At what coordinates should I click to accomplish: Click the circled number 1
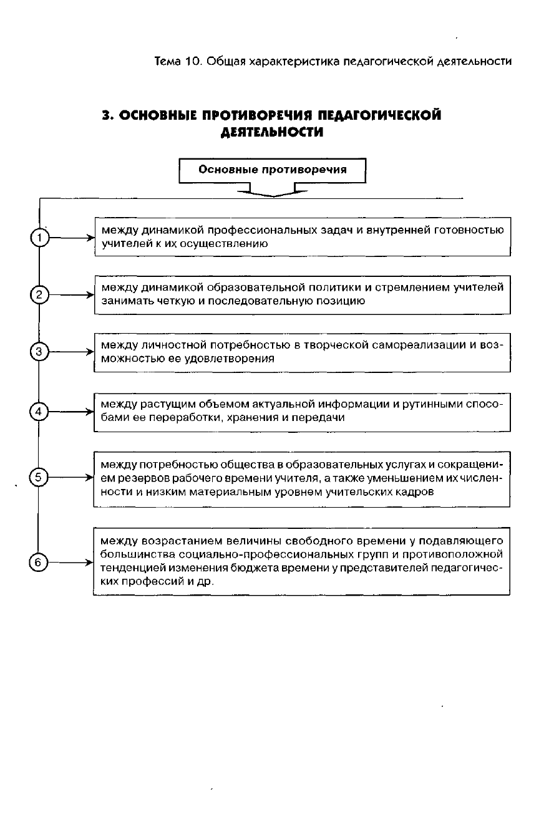[39, 238]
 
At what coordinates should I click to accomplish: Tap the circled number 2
[39, 295]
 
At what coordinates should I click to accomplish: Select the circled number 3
[39, 352]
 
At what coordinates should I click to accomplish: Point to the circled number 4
[39, 412]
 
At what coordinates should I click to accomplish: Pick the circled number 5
[39, 478]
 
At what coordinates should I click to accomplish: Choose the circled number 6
[39, 563]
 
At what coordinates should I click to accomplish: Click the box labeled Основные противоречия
[272, 170]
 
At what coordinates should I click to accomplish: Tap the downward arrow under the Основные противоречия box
[272, 190]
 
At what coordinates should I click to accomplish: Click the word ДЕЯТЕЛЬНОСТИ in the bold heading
[272, 132]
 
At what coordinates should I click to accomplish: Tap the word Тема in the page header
[168, 61]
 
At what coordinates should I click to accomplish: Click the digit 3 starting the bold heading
[107, 115]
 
